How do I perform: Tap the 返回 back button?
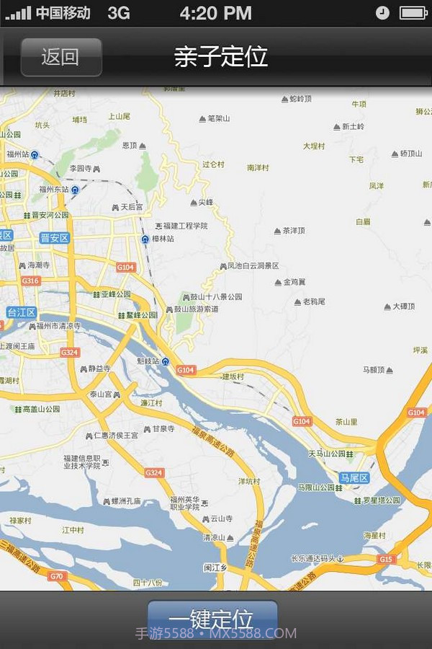tap(60, 57)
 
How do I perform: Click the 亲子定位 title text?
tap(221, 57)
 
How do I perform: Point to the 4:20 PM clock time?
tap(215, 13)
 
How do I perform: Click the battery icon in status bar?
tap(413, 13)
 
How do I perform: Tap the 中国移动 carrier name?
tap(63, 13)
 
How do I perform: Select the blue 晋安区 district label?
tap(55, 238)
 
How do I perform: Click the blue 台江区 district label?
tap(22, 312)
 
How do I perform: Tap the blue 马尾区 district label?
tap(354, 478)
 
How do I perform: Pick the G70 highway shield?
tap(57, 576)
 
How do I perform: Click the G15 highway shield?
tap(387, 559)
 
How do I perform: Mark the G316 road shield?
tap(31, 281)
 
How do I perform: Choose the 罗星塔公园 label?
tap(381, 500)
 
